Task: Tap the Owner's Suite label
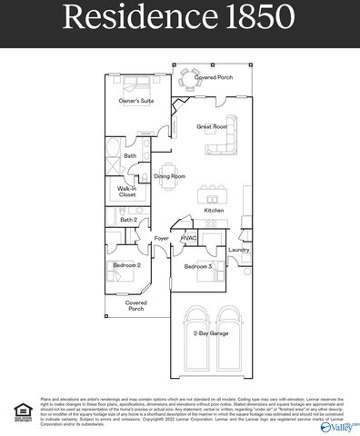coord(135,101)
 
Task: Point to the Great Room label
coord(210,127)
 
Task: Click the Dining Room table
coord(168,163)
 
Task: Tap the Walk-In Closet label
coord(127,192)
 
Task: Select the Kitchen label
coord(214,211)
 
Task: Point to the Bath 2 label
coord(128,220)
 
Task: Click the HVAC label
coord(188,238)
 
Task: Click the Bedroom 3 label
coord(197,267)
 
